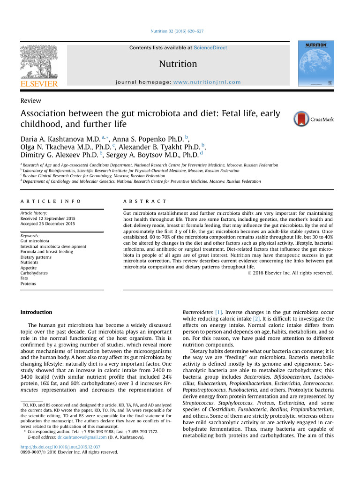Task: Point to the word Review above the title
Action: (30, 101)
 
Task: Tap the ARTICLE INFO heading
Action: (50, 201)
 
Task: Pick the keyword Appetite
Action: (29, 268)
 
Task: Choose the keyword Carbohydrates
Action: (34, 273)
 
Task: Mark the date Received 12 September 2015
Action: (47, 218)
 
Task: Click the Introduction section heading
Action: (37, 312)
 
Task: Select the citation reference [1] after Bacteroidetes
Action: (218, 312)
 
